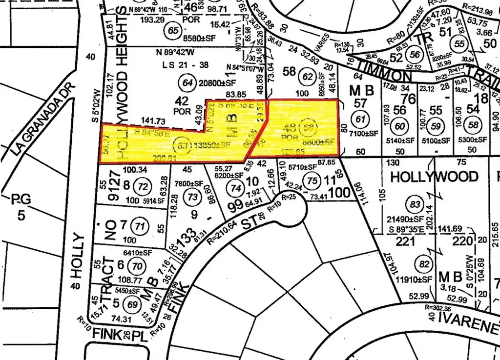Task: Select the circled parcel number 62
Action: (x=308, y=76)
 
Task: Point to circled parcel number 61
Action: (x=361, y=119)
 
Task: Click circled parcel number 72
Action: (x=143, y=186)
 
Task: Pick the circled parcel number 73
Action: (x=193, y=197)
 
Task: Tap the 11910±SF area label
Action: (x=415, y=279)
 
